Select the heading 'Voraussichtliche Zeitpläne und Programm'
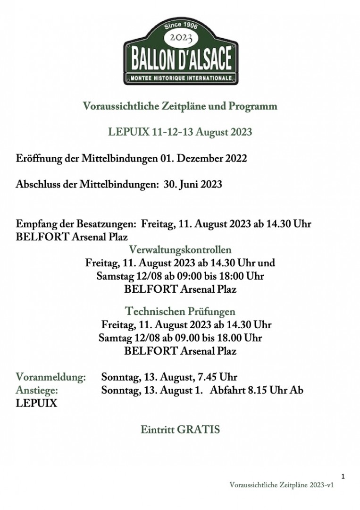pyautogui.click(x=180, y=106)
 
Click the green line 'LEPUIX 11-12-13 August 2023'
pyautogui.click(x=180, y=132)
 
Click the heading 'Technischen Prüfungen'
pyautogui.click(x=180, y=312)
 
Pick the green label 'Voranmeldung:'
pyautogui.click(x=51, y=377)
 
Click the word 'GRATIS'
pyautogui.click(x=198, y=430)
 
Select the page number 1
pyautogui.click(x=343, y=476)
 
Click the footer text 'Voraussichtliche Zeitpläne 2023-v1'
pyautogui.click(x=282, y=485)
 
